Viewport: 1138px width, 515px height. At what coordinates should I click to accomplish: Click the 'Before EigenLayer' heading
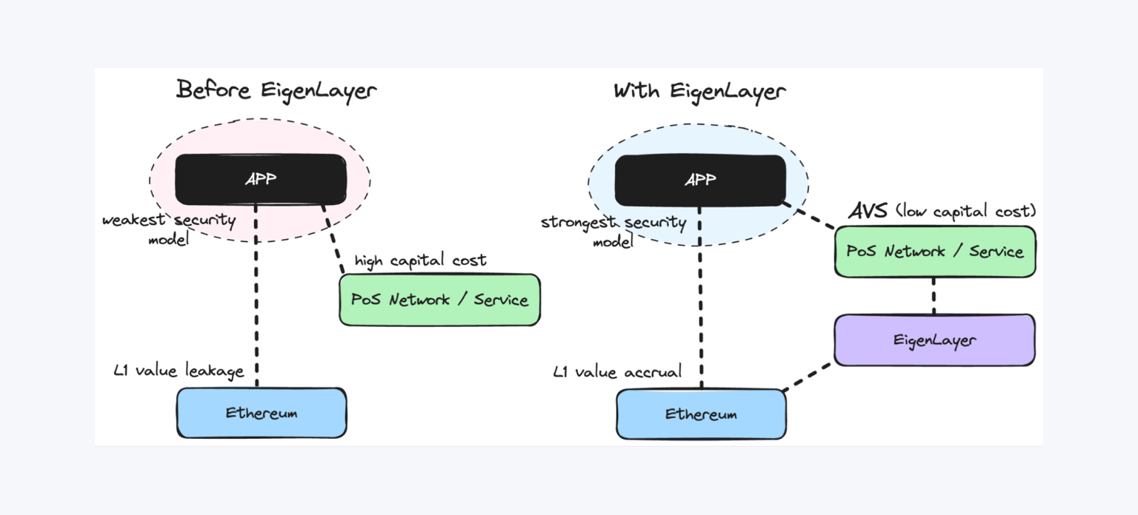(276, 90)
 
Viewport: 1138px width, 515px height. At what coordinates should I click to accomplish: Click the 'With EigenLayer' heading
(699, 92)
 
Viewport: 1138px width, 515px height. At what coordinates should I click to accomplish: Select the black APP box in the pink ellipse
(261, 179)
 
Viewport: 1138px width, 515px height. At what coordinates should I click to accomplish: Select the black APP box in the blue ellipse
(700, 180)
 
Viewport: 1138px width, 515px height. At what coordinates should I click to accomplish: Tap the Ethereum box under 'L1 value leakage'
(262, 413)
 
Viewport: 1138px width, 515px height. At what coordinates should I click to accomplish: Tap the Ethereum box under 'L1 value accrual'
(701, 414)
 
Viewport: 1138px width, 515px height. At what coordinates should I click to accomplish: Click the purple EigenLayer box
(934, 340)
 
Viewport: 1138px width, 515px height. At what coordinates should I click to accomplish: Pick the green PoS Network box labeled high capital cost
(439, 300)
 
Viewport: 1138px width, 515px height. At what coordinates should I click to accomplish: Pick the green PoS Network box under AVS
(935, 252)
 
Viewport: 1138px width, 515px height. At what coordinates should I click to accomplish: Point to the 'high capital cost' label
(420, 260)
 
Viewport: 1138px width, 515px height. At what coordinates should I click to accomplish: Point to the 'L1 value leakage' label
(179, 371)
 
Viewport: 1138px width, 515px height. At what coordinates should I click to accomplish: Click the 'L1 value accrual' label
(617, 371)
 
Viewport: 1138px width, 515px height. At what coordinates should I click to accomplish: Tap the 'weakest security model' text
(169, 229)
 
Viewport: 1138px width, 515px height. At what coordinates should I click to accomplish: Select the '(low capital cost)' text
(965, 212)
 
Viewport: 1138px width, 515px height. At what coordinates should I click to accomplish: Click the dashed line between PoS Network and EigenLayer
(934, 296)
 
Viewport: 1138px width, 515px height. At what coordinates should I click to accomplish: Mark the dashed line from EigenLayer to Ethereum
(808, 377)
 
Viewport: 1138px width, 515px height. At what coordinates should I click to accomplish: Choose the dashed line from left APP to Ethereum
(256, 296)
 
